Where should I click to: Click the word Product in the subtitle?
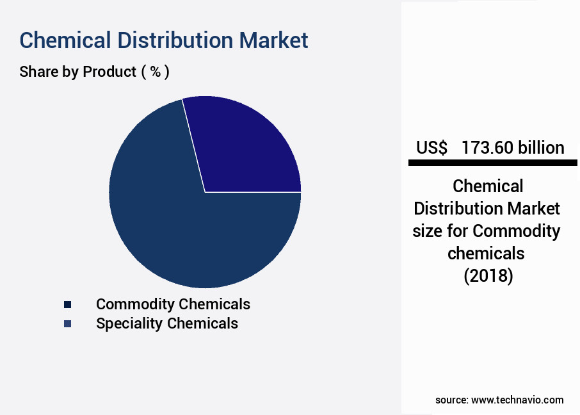click(109, 72)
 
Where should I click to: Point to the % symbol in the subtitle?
click(156, 72)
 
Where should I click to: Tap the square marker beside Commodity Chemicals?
click(67, 305)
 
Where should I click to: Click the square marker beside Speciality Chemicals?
click(67, 324)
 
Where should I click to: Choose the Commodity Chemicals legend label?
click(173, 304)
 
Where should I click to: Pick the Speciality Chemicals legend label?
click(167, 323)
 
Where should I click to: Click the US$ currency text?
click(431, 148)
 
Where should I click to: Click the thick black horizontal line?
click(493, 163)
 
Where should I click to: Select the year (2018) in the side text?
click(488, 276)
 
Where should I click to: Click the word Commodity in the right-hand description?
click(517, 231)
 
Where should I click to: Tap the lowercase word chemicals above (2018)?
click(486, 254)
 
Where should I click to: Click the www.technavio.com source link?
click(517, 400)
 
